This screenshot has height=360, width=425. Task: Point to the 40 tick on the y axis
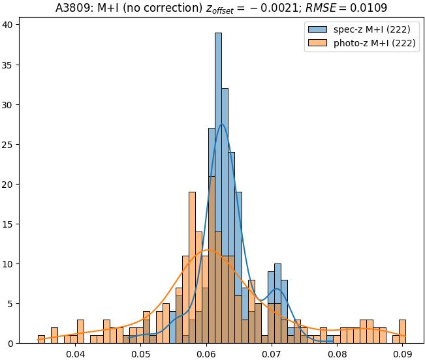(x=15, y=25)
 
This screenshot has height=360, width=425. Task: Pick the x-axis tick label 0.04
(x=76, y=354)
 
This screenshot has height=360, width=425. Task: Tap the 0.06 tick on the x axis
(x=206, y=354)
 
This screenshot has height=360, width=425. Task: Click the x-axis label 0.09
(x=402, y=354)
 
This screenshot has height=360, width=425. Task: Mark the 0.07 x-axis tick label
(x=272, y=354)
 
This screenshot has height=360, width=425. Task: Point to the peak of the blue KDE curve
(x=222, y=124)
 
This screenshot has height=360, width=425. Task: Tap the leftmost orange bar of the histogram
(x=41, y=339)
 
